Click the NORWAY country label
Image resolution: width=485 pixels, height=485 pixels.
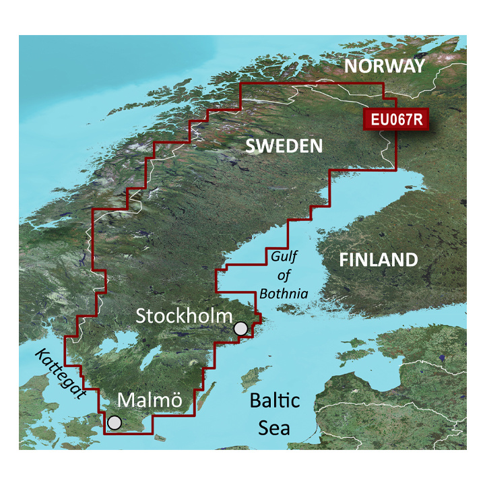coord(385,66)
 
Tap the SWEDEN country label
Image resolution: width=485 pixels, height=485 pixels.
coord(284,145)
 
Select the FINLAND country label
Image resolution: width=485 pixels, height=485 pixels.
coord(378,260)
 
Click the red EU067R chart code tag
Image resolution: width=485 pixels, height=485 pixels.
coord(395,119)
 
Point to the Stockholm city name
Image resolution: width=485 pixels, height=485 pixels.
coord(184,316)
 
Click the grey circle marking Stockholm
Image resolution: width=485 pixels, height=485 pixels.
coord(240,329)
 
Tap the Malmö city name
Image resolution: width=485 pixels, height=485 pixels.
coord(150,400)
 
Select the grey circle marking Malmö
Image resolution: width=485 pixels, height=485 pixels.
coord(115,422)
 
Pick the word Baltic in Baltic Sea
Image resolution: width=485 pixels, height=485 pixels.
coord(274,401)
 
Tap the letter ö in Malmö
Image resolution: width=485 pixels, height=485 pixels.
coord(175,401)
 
